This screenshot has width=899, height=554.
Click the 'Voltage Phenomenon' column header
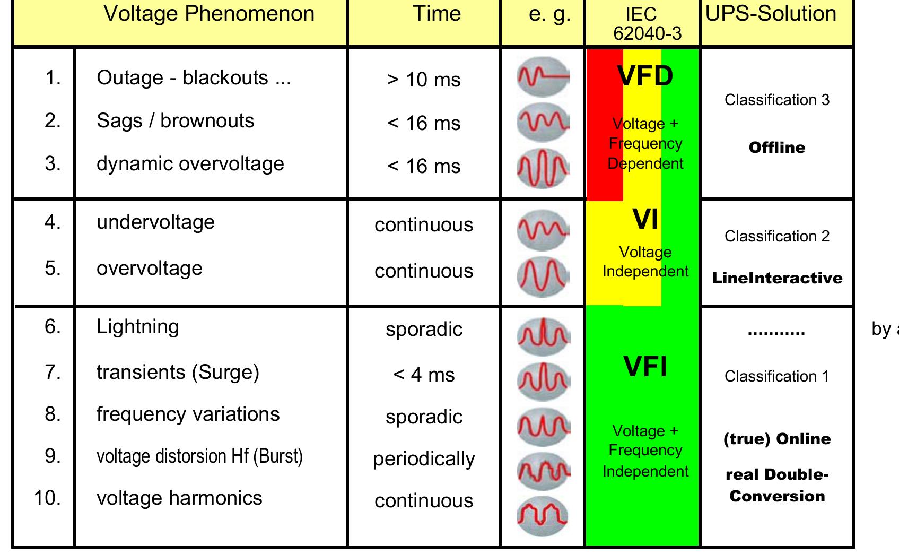pyautogui.click(x=209, y=14)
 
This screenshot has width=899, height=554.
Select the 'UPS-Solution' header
pyautogui.click(x=771, y=14)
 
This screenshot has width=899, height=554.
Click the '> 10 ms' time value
pyautogui.click(x=424, y=80)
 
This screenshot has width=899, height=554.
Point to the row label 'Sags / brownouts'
pyautogui.click(x=175, y=121)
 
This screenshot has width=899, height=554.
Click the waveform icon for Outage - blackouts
pyautogui.click(x=543, y=77)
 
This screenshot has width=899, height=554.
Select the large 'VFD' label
pyautogui.click(x=645, y=76)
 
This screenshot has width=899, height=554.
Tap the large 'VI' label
pyautogui.click(x=645, y=219)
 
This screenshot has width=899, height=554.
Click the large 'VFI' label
pyautogui.click(x=645, y=367)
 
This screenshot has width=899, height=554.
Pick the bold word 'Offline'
pyautogui.click(x=776, y=148)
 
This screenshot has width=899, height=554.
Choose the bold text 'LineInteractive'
pyautogui.click(x=776, y=278)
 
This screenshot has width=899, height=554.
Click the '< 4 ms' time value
pyautogui.click(x=424, y=375)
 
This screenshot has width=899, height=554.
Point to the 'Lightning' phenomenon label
pyautogui.click(x=137, y=326)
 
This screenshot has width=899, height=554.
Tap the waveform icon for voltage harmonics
pyautogui.click(x=543, y=515)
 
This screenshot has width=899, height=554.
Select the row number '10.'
pyautogui.click(x=47, y=498)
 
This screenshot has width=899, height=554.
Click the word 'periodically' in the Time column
pyautogui.click(x=424, y=459)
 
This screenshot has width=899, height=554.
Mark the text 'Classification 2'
pyautogui.click(x=776, y=236)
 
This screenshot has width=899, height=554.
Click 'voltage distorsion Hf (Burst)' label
pyautogui.click(x=199, y=456)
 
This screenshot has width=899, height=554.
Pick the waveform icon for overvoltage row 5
pyautogui.click(x=543, y=276)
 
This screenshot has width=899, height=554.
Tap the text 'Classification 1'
pyautogui.click(x=776, y=376)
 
